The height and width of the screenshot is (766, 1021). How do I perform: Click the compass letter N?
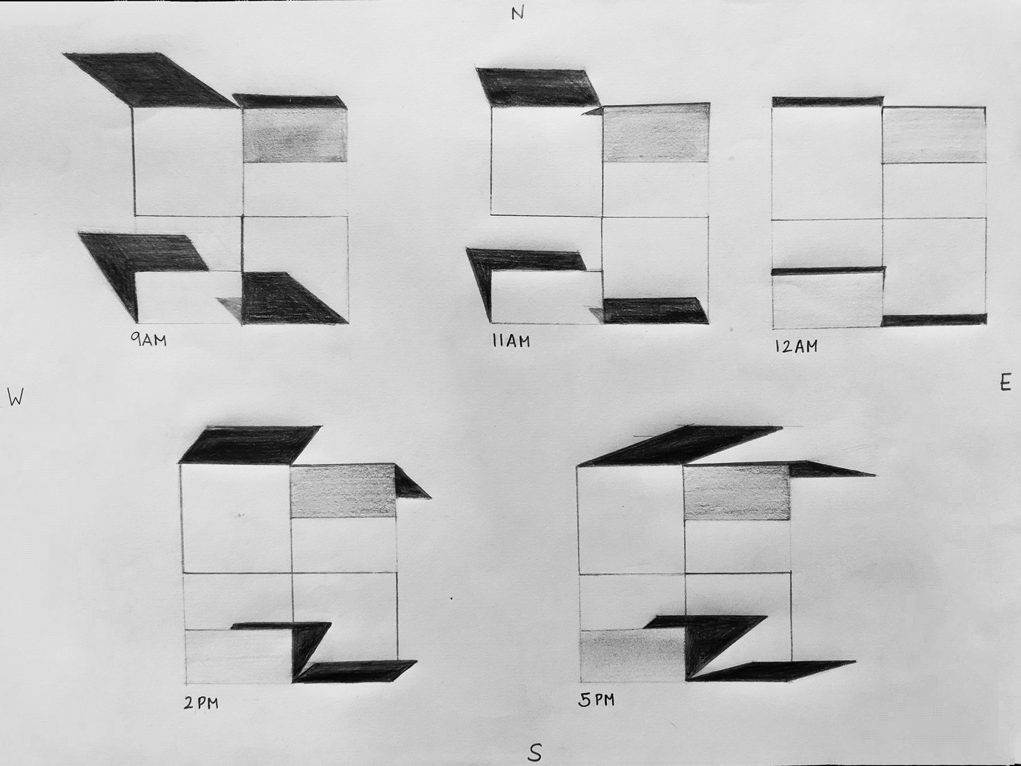pos(517,13)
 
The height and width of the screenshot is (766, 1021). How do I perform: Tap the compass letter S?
pos(535,753)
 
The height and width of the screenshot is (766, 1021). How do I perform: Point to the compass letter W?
pos(16,397)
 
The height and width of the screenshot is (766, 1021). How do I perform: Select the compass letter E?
pos(1005,383)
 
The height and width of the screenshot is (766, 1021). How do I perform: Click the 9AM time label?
pos(149,339)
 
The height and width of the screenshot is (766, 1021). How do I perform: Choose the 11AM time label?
pos(511,340)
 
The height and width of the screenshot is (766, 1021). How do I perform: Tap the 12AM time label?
pos(796,346)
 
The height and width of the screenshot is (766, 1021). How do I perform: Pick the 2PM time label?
pos(201,703)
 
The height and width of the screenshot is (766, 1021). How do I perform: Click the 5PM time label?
pos(596,700)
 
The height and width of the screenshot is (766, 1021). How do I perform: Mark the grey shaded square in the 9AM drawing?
pos(295,136)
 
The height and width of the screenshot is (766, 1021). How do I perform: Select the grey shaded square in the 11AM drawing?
pos(656,132)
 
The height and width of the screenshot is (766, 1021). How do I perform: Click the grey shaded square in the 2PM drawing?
pos(344,491)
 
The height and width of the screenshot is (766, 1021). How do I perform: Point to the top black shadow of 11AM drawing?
pos(538,87)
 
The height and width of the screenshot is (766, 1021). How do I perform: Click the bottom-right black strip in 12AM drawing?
pos(934,320)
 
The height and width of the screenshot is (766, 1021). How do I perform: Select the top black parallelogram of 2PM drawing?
pos(250,444)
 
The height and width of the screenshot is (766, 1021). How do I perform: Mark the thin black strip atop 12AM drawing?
pos(827,102)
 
